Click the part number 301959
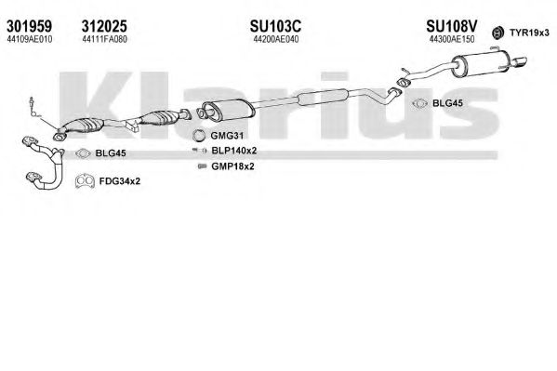coord(29,26)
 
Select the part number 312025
coord(104,26)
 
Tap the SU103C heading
coord(275,26)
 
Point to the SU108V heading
coord(452,26)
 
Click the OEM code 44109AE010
coord(30,39)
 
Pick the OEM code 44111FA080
coord(104,39)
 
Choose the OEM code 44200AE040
coord(275,39)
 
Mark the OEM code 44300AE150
coord(452,39)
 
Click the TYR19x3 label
coord(529,33)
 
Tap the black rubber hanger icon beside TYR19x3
coord(498,33)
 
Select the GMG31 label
coord(227,136)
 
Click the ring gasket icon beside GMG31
coord(198,136)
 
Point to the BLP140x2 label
coord(233,151)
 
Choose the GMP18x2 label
coord(232,166)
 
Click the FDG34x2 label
coord(120,181)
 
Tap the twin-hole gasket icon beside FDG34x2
coord(85,181)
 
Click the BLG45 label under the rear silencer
coord(447,103)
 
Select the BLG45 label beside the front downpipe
coord(111,153)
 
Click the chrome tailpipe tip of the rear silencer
coord(520,62)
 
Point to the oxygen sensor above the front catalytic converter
coord(34,107)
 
